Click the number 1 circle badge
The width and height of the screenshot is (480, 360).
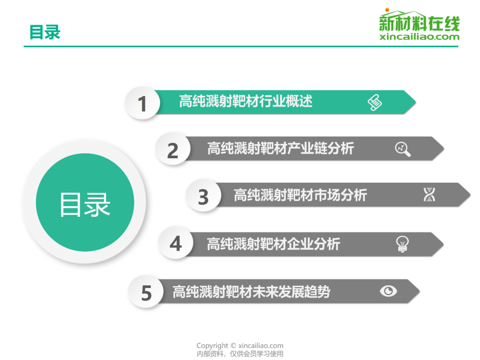tap(142, 103)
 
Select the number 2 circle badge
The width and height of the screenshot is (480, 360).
tap(173, 149)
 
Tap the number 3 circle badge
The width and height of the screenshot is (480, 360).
tap(203, 196)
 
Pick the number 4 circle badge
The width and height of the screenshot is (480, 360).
tap(176, 244)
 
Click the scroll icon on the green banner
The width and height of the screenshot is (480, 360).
tap(375, 103)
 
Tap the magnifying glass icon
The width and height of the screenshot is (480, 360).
tap(403, 149)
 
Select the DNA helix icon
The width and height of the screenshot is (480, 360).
tap(429, 194)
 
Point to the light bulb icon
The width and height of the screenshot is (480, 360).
tap(403, 244)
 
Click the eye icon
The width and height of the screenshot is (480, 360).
tap(388, 291)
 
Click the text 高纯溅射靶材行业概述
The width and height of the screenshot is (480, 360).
tap(246, 101)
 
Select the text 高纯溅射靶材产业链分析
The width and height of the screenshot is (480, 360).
tap(281, 148)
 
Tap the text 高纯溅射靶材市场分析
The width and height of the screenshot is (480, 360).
tap(300, 195)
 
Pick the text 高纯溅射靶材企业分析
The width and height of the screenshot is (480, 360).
tap(273, 244)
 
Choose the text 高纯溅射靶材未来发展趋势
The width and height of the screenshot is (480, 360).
tap(251, 292)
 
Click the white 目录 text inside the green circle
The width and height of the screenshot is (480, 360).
tap(85, 204)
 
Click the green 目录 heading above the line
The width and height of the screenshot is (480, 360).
tap(45, 32)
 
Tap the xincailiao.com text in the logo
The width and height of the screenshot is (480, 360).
tap(420, 37)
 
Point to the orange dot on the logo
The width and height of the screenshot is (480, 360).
tap(387, 10)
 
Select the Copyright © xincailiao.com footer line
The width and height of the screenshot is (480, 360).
tap(240, 346)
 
